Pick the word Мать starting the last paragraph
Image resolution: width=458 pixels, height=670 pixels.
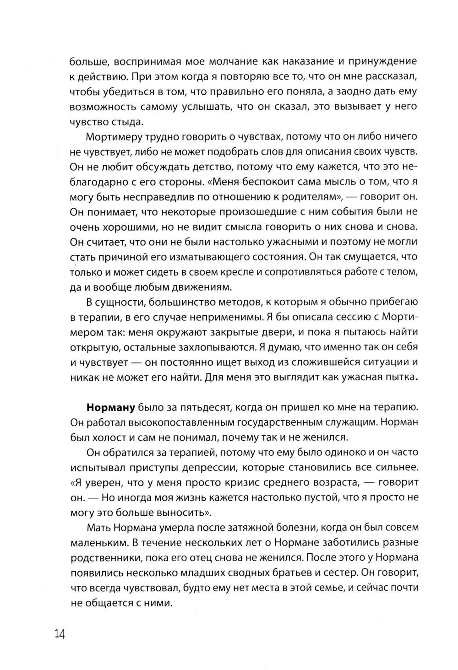coord(98,528)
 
